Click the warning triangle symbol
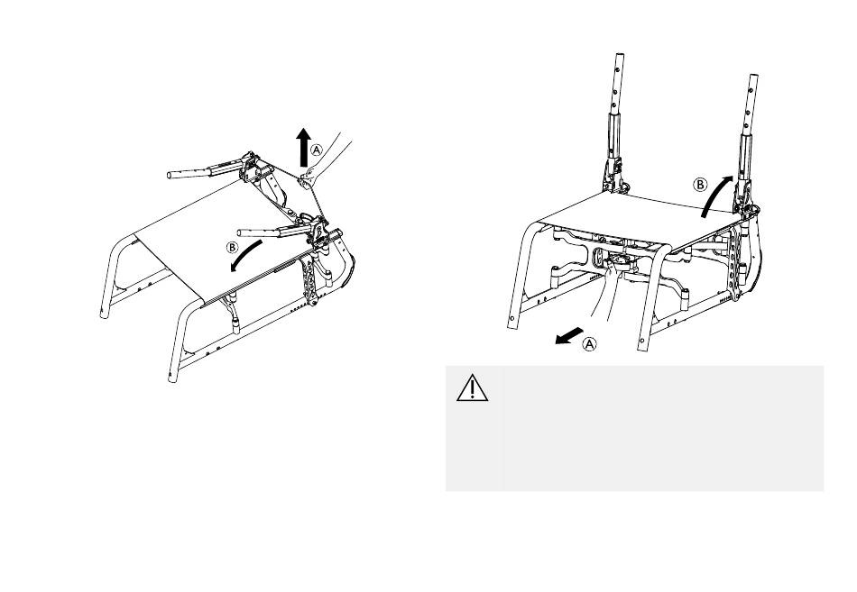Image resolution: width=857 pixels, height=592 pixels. click(x=472, y=387)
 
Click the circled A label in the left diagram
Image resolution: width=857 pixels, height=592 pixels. click(x=317, y=150)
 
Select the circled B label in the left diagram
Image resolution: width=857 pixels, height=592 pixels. click(x=233, y=248)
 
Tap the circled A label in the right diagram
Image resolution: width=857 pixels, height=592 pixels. click(x=589, y=344)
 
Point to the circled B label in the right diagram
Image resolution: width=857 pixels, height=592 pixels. click(x=700, y=185)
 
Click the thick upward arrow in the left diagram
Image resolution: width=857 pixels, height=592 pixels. click(x=304, y=147)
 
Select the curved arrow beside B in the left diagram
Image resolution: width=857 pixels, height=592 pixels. click(x=244, y=256)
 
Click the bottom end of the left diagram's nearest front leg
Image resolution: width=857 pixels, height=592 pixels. click(x=173, y=378)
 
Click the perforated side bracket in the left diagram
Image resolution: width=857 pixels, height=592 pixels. click(x=310, y=282)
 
